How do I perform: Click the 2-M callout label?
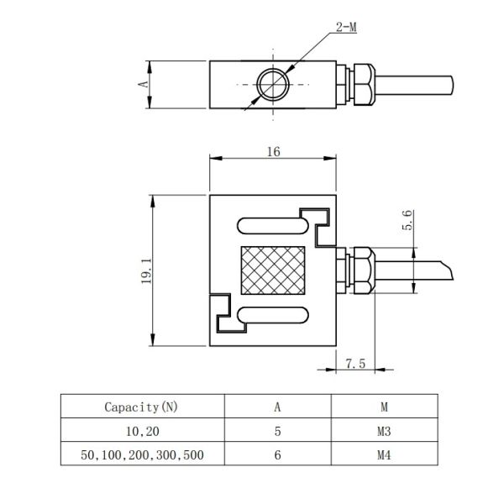(x=346, y=28)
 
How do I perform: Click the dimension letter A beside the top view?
(x=143, y=84)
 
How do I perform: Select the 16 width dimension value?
(x=274, y=152)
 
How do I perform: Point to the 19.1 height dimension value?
(x=146, y=270)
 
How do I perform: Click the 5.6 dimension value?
(x=407, y=220)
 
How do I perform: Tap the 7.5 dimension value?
(x=355, y=364)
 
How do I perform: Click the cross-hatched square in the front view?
(x=273, y=270)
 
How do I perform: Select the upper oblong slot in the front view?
(x=273, y=226)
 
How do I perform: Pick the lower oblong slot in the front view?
(x=273, y=315)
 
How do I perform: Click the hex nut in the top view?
(x=365, y=85)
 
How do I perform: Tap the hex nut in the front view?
(x=365, y=270)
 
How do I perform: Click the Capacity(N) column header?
(x=141, y=407)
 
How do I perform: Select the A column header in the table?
(x=277, y=407)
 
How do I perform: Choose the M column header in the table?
(x=384, y=407)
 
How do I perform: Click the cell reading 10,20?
(x=143, y=432)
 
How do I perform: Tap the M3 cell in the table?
(x=384, y=432)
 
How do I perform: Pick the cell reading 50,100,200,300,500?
(x=142, y=455)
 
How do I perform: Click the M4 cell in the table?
(x=384, y=455)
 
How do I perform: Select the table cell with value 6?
(x=278, y=455)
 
